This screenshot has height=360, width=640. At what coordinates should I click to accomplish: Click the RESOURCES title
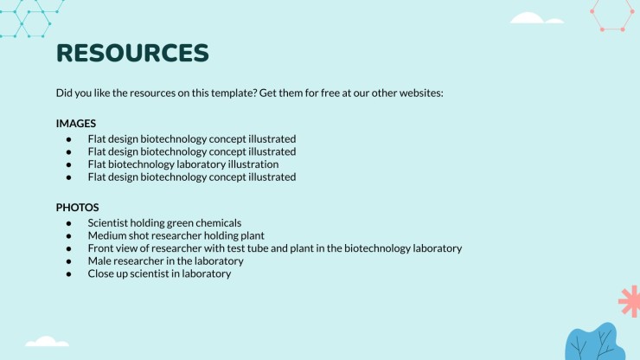(x=132, y=53)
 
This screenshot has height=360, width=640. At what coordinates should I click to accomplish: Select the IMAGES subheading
(x=76, y=124)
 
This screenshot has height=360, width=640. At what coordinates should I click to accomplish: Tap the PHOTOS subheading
(x=77, y=208)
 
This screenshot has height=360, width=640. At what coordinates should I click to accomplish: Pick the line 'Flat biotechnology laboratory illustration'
(x=183, y=164)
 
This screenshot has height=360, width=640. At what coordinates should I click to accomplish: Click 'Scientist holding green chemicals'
(x=164, y=223)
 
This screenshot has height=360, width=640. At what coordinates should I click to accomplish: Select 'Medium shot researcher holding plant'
(x=176, y=235)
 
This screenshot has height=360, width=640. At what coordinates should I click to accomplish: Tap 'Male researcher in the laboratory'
(x=165, y=261)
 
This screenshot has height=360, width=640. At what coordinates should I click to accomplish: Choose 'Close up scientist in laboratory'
(x=159, y=273)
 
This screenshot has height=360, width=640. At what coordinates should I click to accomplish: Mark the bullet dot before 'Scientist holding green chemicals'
(x=68, y=223)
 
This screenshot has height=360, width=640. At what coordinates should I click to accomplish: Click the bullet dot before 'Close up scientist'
(x=68, y=274)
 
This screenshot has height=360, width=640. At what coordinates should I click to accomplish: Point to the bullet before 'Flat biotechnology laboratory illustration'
(x=68, y=164)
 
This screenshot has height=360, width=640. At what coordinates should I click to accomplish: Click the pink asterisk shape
(x=630, y=301)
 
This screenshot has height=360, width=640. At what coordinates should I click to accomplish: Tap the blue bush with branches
(x=595, y=343)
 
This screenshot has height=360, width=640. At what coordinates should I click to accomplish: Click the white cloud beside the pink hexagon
(x=537, y=18)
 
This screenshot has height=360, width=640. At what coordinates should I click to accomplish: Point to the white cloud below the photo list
(x=47, y=342)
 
